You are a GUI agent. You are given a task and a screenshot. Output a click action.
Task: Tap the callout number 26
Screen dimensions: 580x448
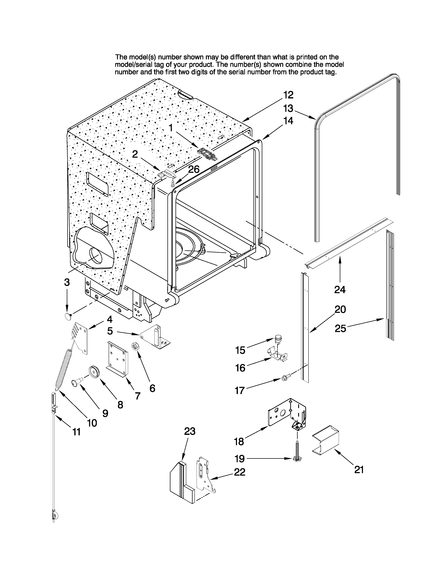point(194,169)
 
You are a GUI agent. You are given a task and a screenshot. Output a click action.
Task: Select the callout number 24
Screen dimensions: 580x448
point(340,289)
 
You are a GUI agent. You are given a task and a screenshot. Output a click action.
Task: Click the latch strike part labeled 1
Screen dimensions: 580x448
point(207,153)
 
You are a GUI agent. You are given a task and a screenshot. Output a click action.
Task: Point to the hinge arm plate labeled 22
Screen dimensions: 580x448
point(204,475)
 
